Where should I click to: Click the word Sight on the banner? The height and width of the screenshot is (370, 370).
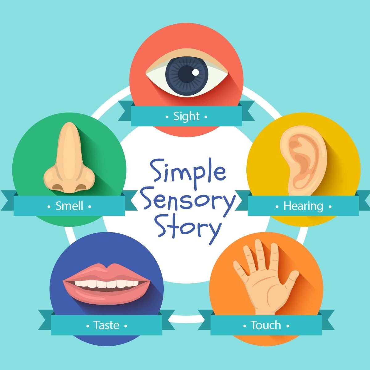click(x=186, y=117)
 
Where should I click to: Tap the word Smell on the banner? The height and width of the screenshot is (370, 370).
click(x=69, y=206)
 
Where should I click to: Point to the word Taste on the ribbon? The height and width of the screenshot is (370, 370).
click(x=106, y=325)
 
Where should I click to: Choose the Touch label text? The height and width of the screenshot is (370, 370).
click(x=266, y=325)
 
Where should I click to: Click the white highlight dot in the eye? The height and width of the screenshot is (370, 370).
click(x=196, y=72)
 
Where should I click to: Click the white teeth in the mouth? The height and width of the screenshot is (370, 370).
click(x=107, y=284)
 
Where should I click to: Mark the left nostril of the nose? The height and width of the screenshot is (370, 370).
click(x=58, y=186)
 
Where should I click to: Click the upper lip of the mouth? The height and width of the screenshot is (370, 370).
click(x=107, y=273)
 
